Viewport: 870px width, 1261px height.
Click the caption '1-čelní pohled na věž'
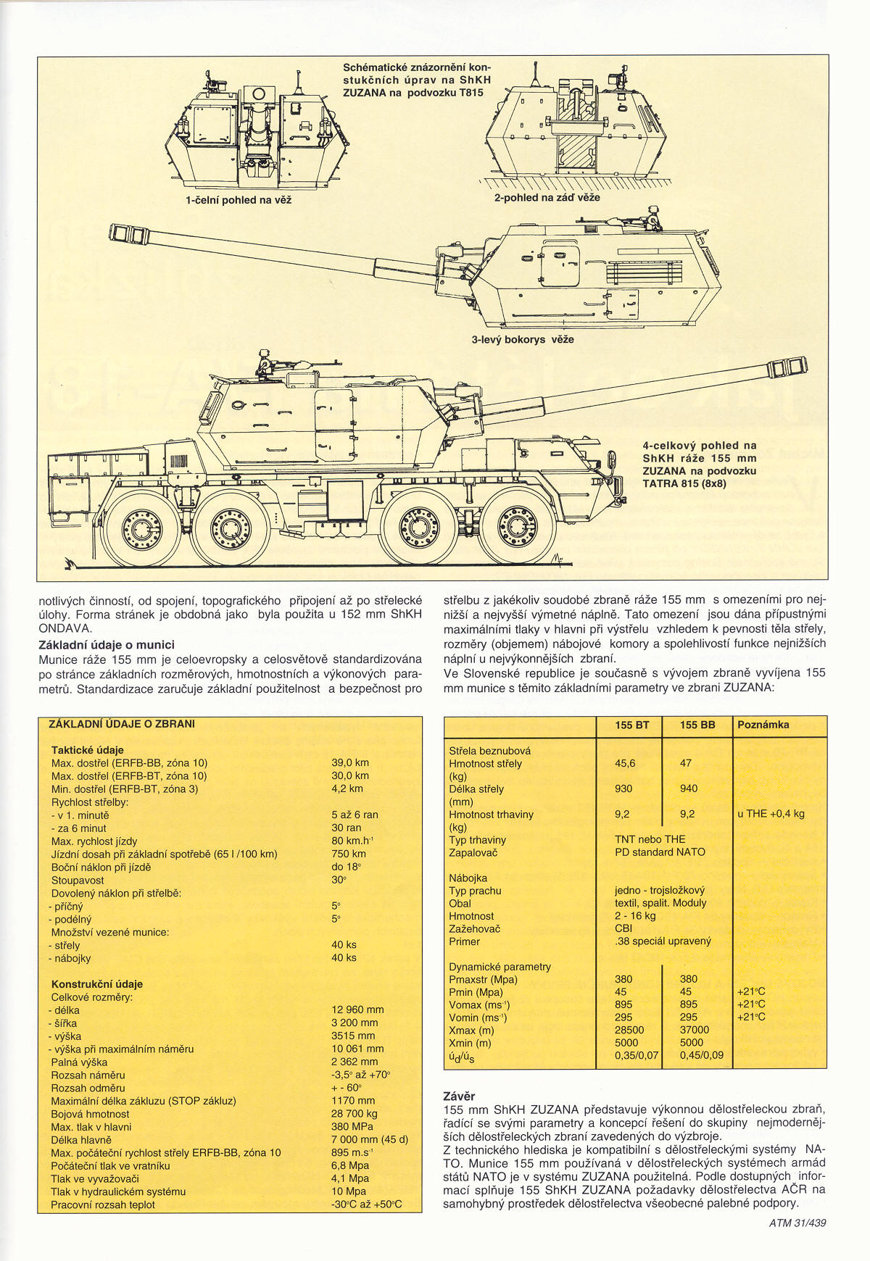tap(239, 200)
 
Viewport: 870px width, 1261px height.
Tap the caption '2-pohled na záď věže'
tap(547, 197)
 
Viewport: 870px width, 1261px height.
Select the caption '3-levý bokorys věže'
tap(522, 339)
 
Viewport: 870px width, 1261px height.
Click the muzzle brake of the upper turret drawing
tap(129, 233)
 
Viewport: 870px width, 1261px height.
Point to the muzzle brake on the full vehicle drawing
tap(787, 367)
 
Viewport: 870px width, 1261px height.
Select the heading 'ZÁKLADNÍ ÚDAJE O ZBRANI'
tap(122, 724)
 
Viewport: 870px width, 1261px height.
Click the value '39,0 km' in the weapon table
tap(350, 762)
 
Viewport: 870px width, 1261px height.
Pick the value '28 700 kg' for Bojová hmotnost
tap(355, 1113)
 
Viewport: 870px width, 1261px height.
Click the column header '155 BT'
tap(631, 725)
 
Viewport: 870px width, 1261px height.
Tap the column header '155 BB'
tap(697, 725)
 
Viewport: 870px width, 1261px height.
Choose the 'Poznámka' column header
tap(763, 725)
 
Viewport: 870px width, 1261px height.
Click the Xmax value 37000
tap(695, 1030)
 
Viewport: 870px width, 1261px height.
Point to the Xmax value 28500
tap(629, 1030)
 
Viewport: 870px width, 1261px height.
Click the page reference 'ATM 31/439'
tap(797, 1223)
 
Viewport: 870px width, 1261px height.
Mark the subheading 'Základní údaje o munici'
tap(107, 644)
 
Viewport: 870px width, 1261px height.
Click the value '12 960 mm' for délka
tap(357, 1010)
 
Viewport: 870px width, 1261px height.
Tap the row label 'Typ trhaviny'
tap(477, 840)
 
